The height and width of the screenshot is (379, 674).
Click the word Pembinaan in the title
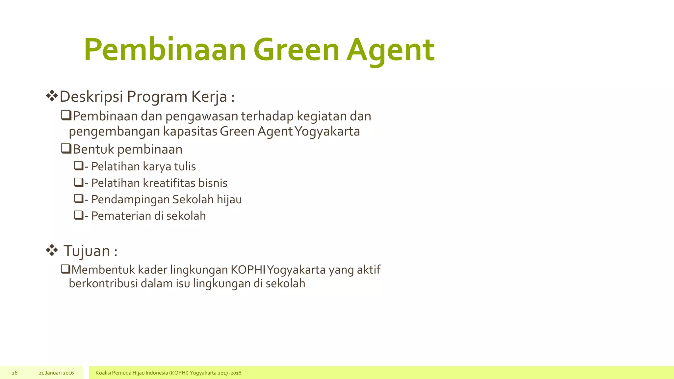165,50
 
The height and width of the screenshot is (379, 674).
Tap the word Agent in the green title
390,50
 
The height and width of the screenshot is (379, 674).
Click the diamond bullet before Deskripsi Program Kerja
52,96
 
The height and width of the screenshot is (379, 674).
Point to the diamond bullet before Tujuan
52,250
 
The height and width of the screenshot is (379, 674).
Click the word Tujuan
87,251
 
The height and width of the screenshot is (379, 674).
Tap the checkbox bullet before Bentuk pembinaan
66,149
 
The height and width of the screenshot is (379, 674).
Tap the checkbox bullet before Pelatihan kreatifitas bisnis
79,182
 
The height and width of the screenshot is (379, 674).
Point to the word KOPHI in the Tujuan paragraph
248,270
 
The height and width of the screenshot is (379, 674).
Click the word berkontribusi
103,284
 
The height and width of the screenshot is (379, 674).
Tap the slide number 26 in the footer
14,373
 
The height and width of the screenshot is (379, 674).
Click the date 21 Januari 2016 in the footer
56,373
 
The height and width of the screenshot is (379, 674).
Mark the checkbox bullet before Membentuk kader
66,269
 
